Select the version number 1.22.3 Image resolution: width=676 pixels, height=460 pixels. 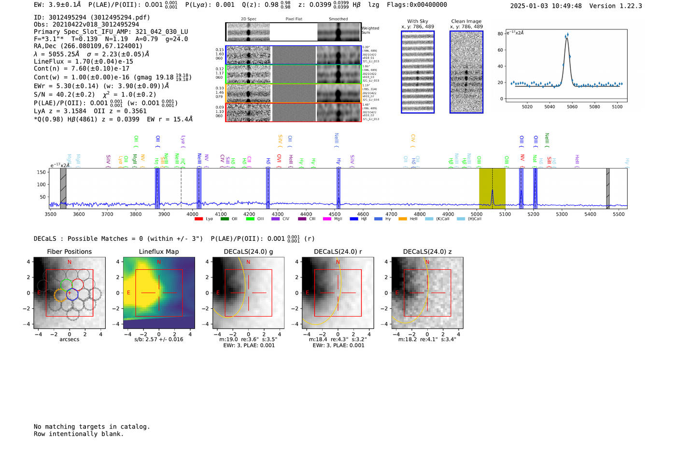click(627, 6)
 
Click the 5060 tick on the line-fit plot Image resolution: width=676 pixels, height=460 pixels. click(572, 107)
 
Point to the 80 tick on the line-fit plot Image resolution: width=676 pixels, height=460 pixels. click(500, 34)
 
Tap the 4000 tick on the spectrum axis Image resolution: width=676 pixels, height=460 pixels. click(192, 214)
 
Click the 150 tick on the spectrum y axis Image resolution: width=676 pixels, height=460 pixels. click(41, 172)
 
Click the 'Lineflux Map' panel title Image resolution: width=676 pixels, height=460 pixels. click(159, 251)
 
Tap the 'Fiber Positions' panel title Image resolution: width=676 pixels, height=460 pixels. click(70, 251)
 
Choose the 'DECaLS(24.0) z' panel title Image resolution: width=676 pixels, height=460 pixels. click(427, 251)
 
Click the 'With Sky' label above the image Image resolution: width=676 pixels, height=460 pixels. click(418, 21)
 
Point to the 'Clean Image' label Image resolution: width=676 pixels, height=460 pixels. click(466, 21)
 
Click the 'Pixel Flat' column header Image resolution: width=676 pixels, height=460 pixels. click(294, 19)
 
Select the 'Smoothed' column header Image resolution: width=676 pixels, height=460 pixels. click(338, 19)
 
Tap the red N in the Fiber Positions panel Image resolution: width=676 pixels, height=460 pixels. click(70, 262)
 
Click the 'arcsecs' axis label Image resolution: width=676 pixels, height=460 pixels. click(70, 339)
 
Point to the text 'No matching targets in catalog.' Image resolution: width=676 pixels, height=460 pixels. click(92, 427)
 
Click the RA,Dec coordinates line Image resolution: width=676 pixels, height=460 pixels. click(88, 46)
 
